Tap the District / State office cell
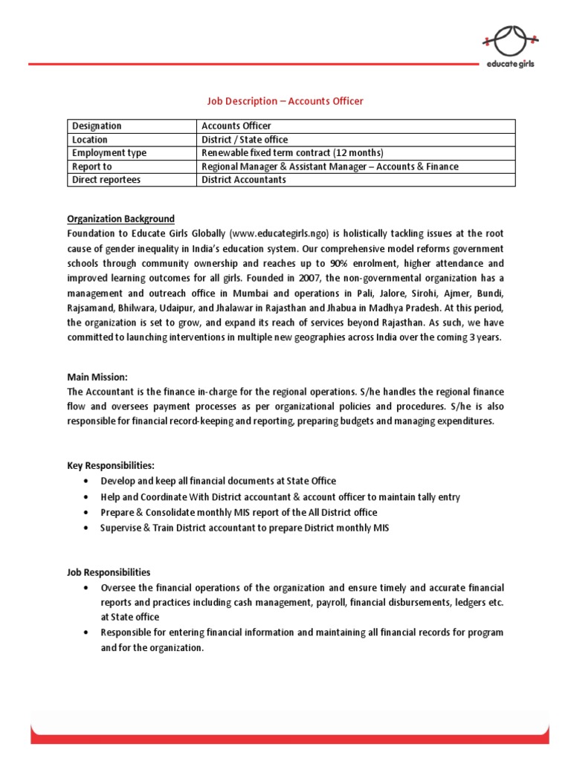click(x=245, y=140)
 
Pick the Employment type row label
click(x=109, y=153)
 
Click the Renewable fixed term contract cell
click(x=292, y=153)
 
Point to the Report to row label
click(x=92, y=166)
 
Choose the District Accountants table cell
click(x=244, y=180)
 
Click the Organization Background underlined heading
click(x=121, y=219)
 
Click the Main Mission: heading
click(x=97, y=378)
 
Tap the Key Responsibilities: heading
click(x=111, y=466)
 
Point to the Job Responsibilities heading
click(x=109, y=572)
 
